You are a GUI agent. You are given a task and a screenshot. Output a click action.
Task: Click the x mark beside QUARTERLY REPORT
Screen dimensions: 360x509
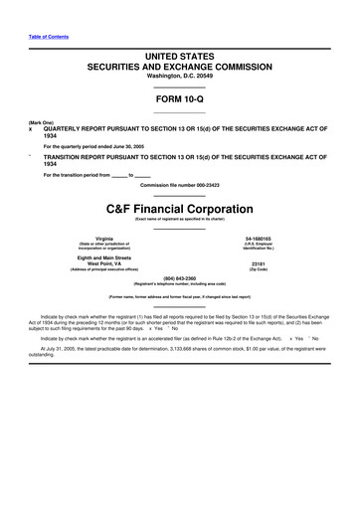(x=31, y=128)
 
